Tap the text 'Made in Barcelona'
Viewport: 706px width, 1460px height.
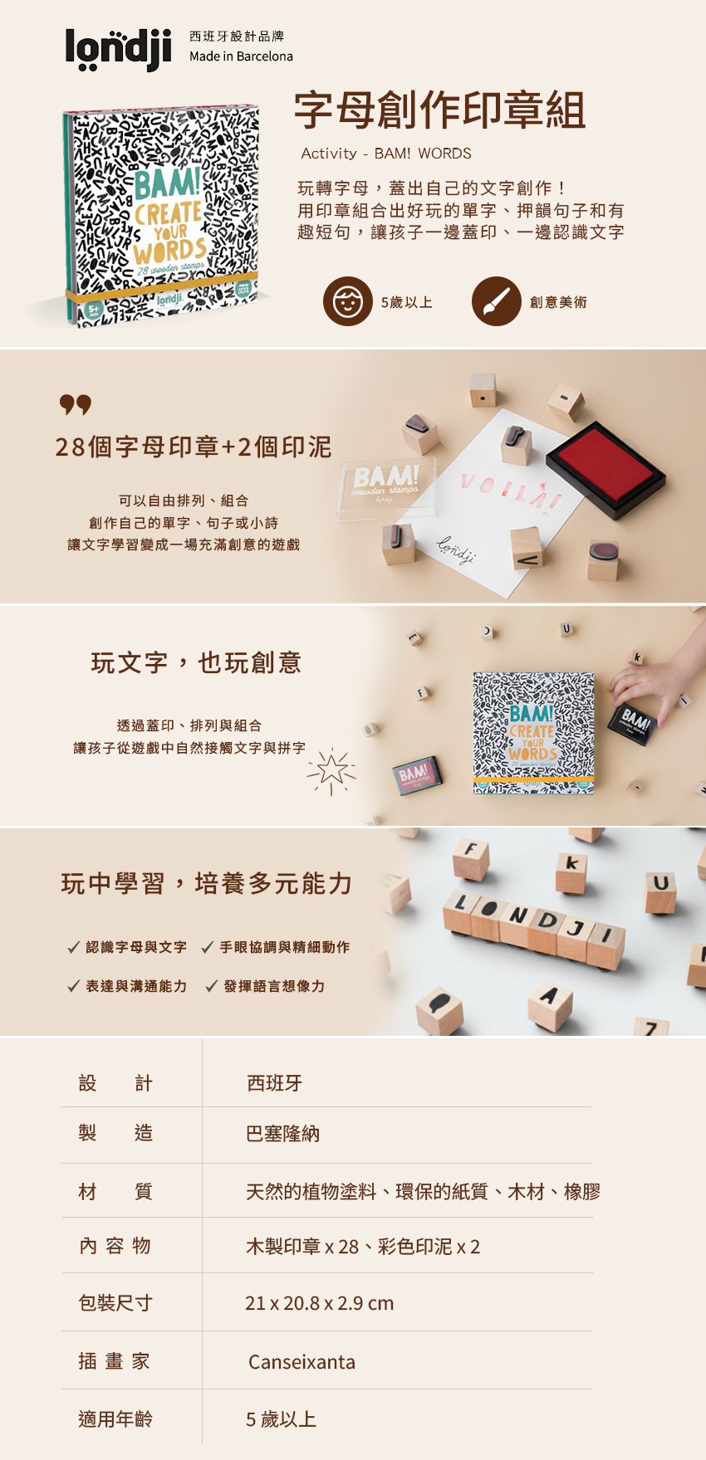click(x=241, y=56)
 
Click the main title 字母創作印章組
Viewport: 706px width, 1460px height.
click(x=440, y=110)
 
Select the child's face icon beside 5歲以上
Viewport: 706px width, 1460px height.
click(x=347, y=301)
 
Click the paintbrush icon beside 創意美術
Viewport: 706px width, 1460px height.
click(x=496, y=301)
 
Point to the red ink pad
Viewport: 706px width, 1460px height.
click(x=605, y=469)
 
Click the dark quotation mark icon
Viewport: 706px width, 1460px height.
click(x=76, y=405)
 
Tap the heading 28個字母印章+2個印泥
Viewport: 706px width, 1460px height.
click(x=194, y=447)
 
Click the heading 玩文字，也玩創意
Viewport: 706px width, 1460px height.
click(x=196, y=663)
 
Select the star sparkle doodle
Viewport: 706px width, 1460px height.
click(x=331, y=770)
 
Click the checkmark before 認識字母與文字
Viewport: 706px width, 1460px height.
click(x=73, y=947)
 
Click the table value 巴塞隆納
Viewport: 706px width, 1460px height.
click(x=283, y=1134)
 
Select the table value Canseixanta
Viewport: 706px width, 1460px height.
click(x=302, y=1362)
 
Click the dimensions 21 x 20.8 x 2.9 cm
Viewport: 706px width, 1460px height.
click(x=320, y=1303)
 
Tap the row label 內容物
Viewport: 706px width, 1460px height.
click(x=115, y=1246)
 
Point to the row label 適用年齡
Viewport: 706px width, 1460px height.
click(x=115, y=1419)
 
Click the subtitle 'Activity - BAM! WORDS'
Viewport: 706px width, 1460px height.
click(x=386, y=154)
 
